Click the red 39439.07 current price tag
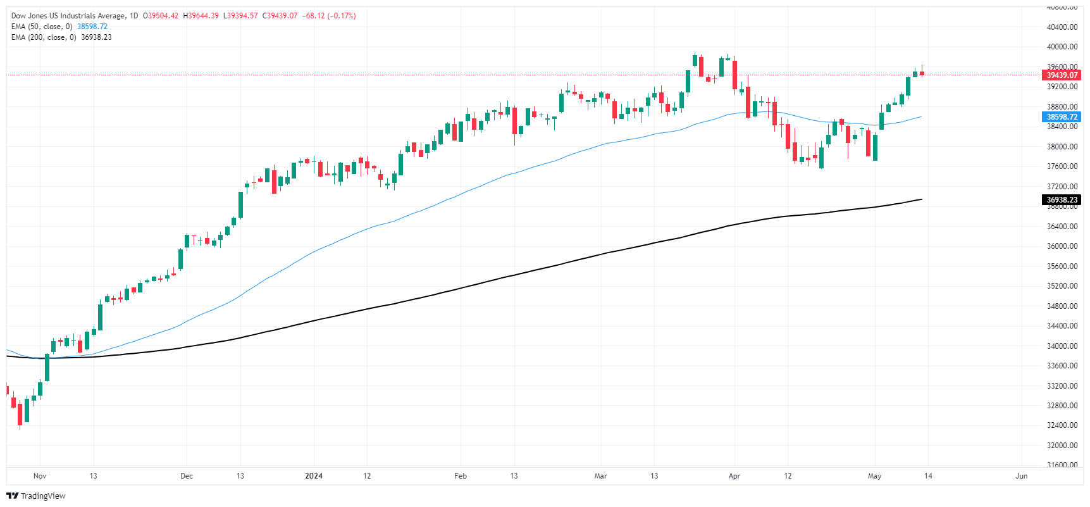(1062, 75)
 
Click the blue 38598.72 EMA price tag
(1062, 117)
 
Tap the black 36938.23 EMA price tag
(1062, 200)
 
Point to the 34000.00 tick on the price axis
(1062, 346)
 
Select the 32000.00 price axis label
(1062, 446)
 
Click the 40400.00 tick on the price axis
(1062, 27)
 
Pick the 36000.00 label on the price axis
(1062, 246)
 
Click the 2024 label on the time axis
(314, 476)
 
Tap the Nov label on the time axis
(40, 476)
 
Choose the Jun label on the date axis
(1021, 476)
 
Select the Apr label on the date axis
(734, 476)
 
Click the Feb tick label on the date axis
(461, 476)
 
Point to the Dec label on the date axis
(187, 476)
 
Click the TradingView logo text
(43, 496)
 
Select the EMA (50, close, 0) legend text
(42, 27)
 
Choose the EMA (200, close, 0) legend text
(44, 37)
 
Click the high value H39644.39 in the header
(201, 16)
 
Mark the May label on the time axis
(874, 476)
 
